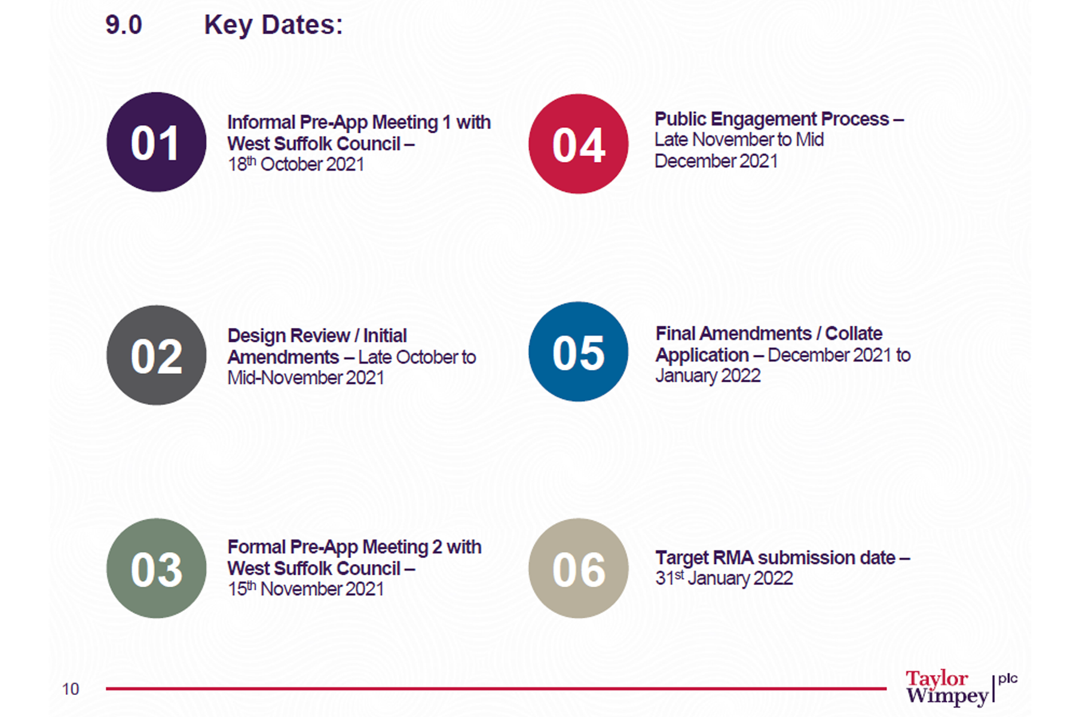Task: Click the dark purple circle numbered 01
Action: pos(157,142)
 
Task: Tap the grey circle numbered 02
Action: pos(157,355)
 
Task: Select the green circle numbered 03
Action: pos(157,568)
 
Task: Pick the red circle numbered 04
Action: pos(579,143)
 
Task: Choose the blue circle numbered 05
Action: pos(579,351)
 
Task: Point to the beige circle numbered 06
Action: pos(579,568)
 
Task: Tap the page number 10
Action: pos(71,690)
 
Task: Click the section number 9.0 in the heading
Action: pos(124,25)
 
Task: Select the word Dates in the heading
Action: pos(302,25)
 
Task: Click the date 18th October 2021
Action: pos(296,164)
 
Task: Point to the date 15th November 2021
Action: pos(305,589)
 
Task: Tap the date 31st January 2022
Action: pos(724,578)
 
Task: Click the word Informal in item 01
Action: pos(261,122)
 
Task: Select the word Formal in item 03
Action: pos(256,547)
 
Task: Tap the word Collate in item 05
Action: pos(854,333)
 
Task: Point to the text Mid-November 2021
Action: pos(305,378)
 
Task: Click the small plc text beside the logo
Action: pos(1008,679)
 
